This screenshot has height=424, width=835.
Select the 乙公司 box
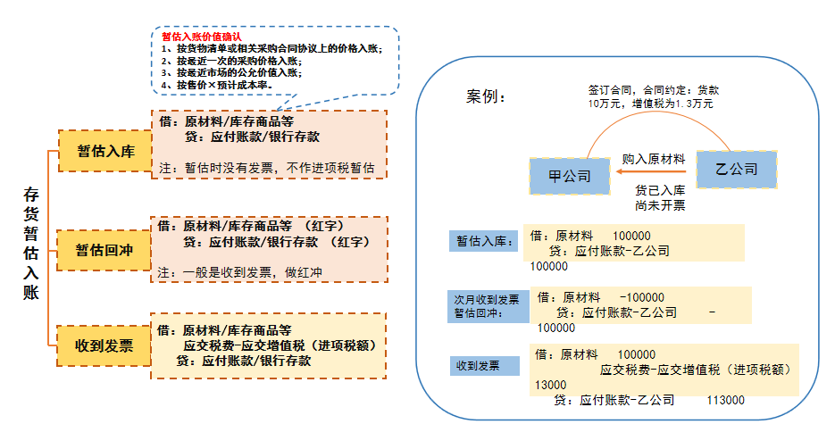(737, 168)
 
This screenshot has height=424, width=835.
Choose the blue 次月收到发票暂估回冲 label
(486, 305)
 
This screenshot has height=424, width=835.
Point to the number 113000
(725, 401)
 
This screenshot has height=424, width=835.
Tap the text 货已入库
(660, 190)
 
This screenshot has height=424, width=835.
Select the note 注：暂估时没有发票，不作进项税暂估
(265, 167)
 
